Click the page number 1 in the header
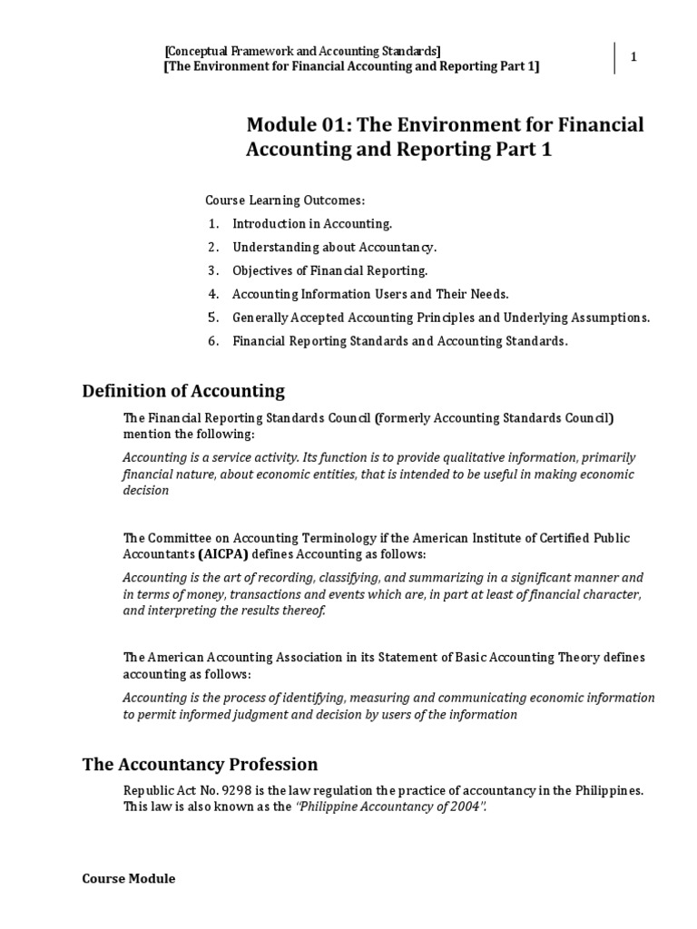tap(633, 57)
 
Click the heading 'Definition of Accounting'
tap(183, 391)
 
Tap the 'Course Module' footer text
tap(129, 878)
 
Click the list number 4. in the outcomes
tap(213, 294)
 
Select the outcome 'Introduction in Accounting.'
tap(312, 223)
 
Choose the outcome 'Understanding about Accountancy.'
tap(334, 247)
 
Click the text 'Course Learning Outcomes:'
tap(284, 200)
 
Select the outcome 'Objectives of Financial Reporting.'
tap(329, 270)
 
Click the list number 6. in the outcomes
tap(213, 341)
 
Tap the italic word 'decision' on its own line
tap(146, 490)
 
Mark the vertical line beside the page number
tap(616, 57)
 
